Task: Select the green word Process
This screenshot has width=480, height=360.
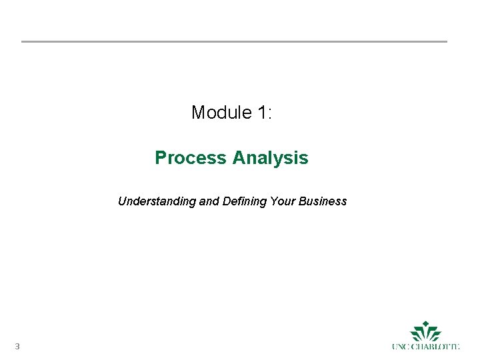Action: pos(191,158)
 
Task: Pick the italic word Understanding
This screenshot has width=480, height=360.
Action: pos(157,201)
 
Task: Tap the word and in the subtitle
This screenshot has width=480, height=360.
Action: pos(209,201)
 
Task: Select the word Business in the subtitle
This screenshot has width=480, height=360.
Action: pos(322,201)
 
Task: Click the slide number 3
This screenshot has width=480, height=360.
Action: pos(17,346)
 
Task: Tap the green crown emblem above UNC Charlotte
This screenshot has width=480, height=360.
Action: pos(425,331)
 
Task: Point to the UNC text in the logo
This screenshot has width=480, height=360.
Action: pos(401,347)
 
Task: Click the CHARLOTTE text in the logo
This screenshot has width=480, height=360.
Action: pos(436,347)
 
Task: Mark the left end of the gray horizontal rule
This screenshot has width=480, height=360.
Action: pos(23,41)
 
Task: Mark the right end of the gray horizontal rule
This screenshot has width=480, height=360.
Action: pos(446,41)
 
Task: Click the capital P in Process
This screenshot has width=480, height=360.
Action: pos(160,158)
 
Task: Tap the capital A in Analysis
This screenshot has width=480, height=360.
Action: pos(238,158)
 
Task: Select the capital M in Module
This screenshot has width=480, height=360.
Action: pos(198,113)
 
